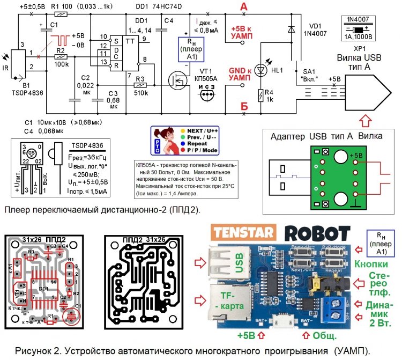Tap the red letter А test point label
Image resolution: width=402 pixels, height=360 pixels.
(x=244, y=6)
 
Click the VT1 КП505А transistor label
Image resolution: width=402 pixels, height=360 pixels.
(x=204, y=75)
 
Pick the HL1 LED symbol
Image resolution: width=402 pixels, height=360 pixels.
(x=261, y=69)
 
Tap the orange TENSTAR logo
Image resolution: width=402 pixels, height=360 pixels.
(x=244, y=234)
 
